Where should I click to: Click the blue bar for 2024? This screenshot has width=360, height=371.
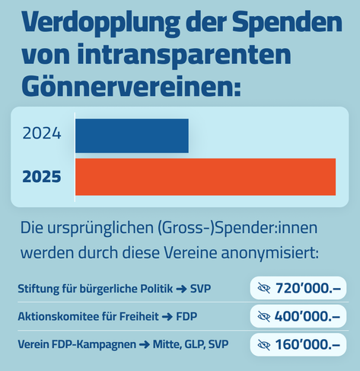tap(132, 136)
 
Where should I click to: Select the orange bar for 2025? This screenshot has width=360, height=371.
tap(205, 177)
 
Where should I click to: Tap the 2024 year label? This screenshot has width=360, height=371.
tap(42, 133)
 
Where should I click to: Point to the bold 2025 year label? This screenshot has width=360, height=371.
tap(42, 177)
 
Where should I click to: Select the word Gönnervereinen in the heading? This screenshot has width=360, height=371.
tap(131, 85)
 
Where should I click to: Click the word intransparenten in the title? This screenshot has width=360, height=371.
tap(185, 55)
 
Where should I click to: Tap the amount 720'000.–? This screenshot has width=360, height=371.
tap(308, 288)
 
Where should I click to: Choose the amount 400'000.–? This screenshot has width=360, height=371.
tap(307, 316)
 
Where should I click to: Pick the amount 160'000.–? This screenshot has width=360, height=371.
tap(307, 344)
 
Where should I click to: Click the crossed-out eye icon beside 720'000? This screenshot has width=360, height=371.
tap(264, 288)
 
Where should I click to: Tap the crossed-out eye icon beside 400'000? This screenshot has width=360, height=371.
tap(264, 316)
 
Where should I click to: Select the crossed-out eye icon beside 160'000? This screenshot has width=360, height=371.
tap(264, 344)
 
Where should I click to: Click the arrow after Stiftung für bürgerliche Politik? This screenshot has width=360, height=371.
tap(181, 289)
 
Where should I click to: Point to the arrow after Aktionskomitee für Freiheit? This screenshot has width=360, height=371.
tap(167, 317)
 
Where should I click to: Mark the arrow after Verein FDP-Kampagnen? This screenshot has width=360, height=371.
tap(145, 345)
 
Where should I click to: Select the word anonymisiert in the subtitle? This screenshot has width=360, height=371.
tap(269, 253)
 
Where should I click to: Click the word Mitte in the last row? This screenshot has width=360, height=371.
tap(167, 344)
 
